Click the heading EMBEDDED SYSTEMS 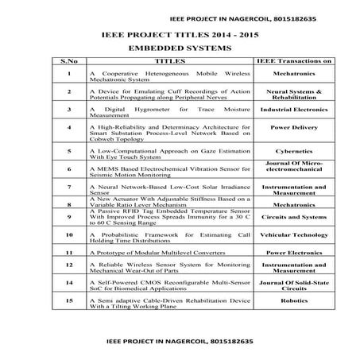tap(179, 48)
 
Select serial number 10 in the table tap(70, 235)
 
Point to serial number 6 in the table tap(70, 168)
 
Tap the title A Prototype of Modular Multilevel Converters tap(151, 252)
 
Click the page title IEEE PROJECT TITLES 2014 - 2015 tap(179, 34)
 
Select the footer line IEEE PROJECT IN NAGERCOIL tap(178, 339)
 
